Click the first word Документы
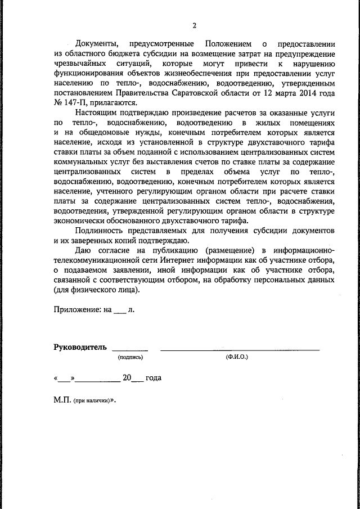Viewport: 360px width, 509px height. (x=96, y=44)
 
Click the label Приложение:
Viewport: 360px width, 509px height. (x=78, y=309)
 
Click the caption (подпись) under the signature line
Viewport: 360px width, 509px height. (x=130, y=357)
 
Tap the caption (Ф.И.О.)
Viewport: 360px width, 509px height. (x=237, y=357)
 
